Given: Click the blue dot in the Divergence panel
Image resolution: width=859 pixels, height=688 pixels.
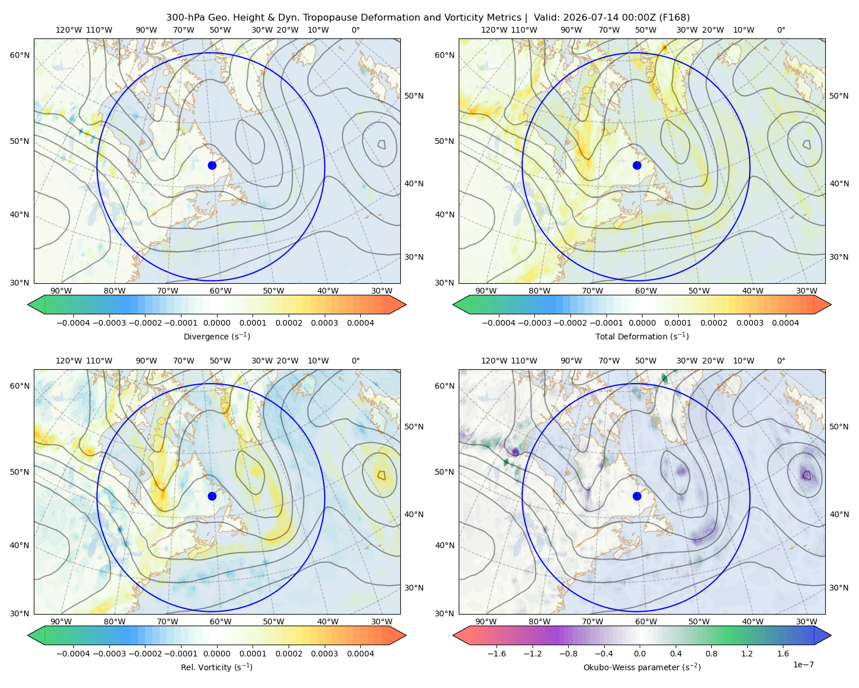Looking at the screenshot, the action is pos(212,165).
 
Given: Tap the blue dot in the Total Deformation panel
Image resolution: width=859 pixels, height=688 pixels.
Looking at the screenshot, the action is pos(637,165).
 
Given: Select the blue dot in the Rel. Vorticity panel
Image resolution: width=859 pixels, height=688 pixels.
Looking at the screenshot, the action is pos(212,496).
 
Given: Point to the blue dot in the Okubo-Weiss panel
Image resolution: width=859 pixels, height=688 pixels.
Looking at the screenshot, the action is pos(637,496).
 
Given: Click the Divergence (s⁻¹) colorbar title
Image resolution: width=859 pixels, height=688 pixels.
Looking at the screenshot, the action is pos(216,336).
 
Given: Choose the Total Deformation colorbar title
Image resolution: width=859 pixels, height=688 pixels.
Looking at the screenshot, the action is pos(642,336).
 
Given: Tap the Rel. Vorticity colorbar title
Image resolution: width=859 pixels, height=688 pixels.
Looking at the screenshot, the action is pos(216,667).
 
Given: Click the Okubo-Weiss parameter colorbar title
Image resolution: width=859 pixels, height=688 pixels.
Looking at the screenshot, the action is pos(642,667).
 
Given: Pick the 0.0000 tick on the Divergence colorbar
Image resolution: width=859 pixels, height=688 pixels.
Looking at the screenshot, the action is pos(216,323).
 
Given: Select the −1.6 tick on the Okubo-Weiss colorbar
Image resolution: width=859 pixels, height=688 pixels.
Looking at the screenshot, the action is pos(497,654).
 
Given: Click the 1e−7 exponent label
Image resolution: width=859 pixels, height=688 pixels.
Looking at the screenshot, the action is pos(803,665).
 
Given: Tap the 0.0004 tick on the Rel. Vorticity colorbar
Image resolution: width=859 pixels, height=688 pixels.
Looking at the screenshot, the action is pos(360,654).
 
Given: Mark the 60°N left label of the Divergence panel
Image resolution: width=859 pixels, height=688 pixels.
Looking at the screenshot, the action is pos(19,55).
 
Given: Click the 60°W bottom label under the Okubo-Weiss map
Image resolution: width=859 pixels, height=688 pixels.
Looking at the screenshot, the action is pos(645,621).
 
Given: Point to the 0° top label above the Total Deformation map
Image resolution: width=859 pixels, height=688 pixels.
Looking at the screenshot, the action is pos(781,30).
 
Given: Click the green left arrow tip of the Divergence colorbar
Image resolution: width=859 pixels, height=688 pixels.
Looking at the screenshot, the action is pos(28,304).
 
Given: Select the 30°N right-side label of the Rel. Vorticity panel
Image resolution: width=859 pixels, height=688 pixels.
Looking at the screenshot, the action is pos(414,588).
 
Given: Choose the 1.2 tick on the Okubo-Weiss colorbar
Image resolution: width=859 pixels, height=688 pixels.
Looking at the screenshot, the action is pos(747,654).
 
